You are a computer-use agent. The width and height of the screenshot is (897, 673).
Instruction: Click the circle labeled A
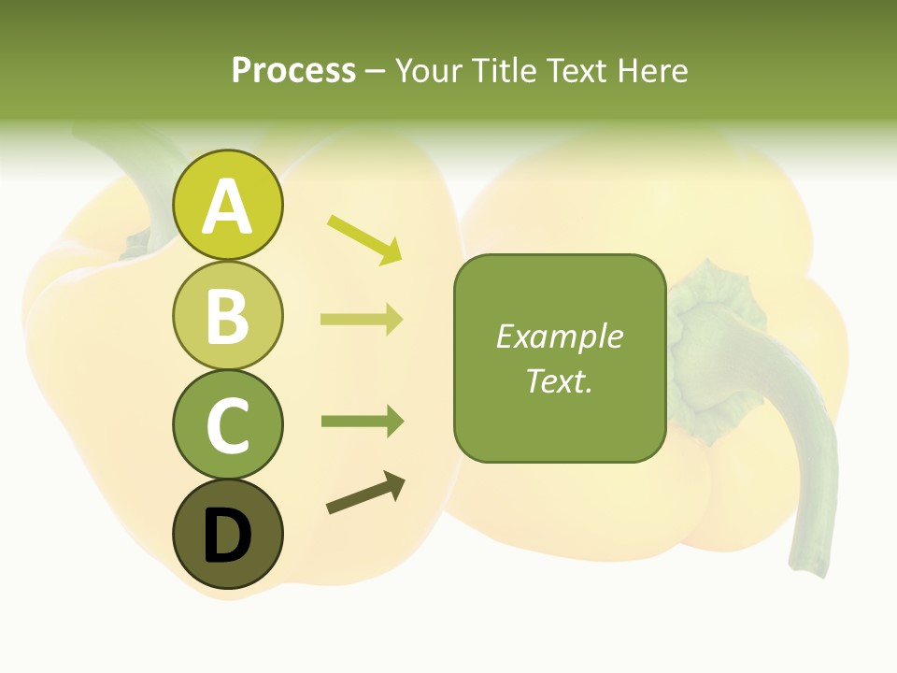[227, 205]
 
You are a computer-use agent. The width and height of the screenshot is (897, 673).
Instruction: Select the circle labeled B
[227, 315]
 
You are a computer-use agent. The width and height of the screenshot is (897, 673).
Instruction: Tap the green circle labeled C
[227, 424]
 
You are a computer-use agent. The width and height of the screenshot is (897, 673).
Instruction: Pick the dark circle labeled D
[227, 534]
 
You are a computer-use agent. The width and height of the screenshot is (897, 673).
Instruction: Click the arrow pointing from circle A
[364, 239]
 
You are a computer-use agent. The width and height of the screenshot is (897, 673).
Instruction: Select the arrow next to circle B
[362, 320]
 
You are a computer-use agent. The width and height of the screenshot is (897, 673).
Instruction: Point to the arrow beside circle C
[362, 421]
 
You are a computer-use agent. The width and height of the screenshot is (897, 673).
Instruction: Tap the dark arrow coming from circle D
[365, 494]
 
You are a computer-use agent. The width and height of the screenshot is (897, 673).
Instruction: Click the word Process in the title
[293, 70]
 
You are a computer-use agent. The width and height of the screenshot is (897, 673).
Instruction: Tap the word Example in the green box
[559, 336]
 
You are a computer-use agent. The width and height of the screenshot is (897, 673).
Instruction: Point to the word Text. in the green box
[559, 380]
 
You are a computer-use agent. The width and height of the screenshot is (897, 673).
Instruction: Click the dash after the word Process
[376, 72]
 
